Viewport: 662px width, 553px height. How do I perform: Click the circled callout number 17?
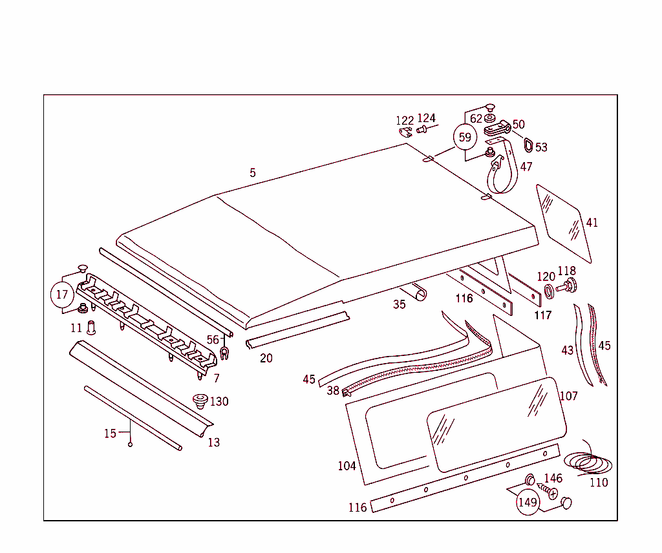(62, 295)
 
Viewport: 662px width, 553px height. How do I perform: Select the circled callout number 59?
(465, 137)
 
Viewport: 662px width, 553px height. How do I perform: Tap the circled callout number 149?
(528, 502)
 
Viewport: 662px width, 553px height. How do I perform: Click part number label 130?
(219, 402)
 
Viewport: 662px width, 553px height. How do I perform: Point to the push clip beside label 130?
(200, 401)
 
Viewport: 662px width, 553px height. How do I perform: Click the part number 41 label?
(592, 223)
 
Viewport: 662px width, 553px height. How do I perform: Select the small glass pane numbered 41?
(562, 219)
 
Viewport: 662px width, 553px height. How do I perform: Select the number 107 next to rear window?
(568, 396)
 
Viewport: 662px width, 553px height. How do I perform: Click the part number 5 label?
(253, 173)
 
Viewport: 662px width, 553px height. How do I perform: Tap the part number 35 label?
(400, 304)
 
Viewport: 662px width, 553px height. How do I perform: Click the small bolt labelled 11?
(91, 328)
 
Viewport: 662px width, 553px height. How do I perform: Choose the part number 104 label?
(347, 466)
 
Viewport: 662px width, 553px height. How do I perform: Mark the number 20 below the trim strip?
(266, 358)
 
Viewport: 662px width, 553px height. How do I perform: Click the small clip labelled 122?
(405, 132)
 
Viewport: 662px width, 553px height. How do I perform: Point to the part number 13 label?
(214, 443)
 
